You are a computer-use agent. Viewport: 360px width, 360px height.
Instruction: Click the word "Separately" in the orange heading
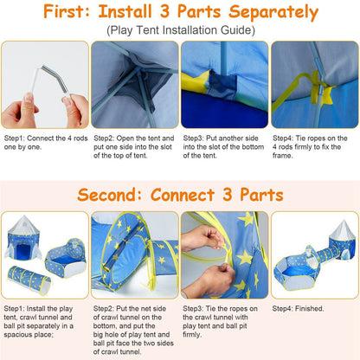pos(273,12)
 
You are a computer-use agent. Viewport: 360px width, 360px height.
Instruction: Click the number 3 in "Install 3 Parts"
pos(164,11)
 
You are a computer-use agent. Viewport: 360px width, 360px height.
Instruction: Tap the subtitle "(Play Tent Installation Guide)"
pos(181,30)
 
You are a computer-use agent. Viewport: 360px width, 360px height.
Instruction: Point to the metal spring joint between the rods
pos(55,79)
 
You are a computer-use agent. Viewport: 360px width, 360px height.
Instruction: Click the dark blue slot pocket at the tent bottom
pos(222,84)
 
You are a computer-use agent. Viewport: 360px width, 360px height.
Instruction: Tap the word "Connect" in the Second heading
pos(183,195)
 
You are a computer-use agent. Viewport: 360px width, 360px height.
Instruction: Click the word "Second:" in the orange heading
pos(110,195)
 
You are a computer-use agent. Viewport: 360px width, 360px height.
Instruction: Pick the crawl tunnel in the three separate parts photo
pos(29,280)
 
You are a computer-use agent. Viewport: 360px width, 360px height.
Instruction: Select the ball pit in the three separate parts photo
pos(66,258)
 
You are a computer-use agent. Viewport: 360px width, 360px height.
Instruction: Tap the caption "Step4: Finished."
pos(299,308)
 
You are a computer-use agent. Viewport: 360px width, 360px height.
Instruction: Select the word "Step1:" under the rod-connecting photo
pos(14,138)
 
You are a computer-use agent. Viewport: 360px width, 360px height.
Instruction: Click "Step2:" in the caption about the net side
pos(104,308)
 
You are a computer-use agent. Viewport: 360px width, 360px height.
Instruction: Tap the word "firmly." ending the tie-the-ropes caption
pos(192,335)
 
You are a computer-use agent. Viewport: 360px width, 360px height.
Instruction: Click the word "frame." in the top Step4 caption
pos(283,156)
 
